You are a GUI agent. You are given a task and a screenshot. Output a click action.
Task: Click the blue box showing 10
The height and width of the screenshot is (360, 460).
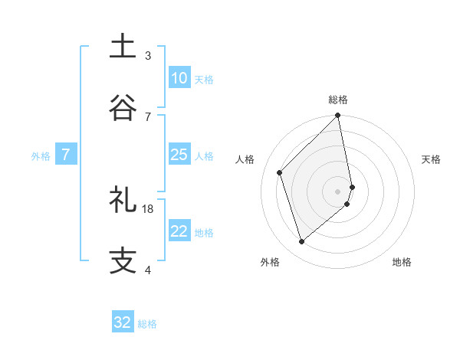[x=179, y=78]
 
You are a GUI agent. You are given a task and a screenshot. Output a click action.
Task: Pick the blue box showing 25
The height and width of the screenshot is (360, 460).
[x=179, y=155]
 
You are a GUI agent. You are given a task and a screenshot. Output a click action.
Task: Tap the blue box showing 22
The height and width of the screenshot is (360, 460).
[x=179, y=231]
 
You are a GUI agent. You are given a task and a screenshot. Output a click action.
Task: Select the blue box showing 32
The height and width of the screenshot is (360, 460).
[x=123, y=322]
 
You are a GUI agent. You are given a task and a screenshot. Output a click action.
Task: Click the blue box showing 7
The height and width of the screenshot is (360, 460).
[x=66, y=155]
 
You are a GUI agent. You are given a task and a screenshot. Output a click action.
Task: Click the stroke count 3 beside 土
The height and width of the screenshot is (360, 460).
[x=148, y=55]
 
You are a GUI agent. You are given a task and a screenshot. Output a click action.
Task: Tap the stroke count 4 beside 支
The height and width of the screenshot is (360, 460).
[x=148, y=270]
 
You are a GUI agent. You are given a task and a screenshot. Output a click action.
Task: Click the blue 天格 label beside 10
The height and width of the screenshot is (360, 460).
[x=204, y=80]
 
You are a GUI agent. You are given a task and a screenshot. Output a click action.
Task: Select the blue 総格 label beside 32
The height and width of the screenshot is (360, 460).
[x=147, y=324]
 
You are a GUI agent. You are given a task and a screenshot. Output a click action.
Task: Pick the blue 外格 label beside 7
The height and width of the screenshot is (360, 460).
[x=41, y=156]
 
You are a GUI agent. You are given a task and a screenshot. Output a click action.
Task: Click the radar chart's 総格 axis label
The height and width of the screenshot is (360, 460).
[x=338, y=100]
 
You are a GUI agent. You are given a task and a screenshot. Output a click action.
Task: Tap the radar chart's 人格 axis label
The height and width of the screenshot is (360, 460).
[x=245, y=159]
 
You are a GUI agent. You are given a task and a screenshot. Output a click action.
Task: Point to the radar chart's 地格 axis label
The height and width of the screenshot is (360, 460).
[x=402, y=262]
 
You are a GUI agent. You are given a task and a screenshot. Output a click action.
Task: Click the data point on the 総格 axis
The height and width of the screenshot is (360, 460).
[x=338, y=116]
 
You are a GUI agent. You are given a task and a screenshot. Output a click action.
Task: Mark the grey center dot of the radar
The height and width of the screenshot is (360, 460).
[x=338, y=190]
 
